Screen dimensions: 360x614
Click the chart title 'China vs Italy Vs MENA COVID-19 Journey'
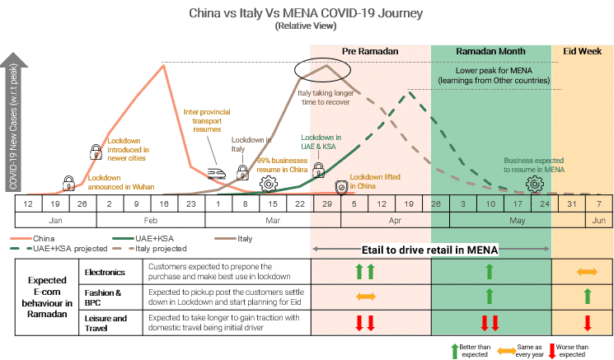[306, 12]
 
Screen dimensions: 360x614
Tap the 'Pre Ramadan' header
[370, 51]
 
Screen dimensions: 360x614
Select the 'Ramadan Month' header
[491, 51]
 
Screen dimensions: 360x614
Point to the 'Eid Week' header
[581, 51]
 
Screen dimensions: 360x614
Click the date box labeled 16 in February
[164, 203]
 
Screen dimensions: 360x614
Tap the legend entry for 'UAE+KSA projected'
[55, 248]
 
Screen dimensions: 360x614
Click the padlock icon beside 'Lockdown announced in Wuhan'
[69, 182]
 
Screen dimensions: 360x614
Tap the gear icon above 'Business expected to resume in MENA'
[535, 182]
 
